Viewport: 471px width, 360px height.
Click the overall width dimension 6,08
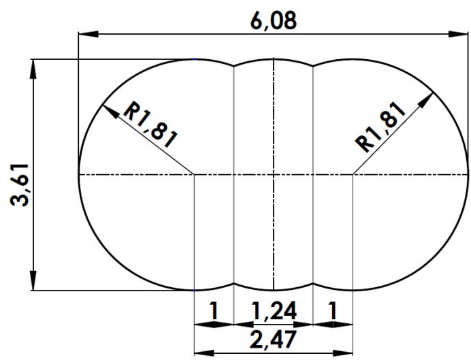coord(274,21)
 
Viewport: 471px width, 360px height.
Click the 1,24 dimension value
coord(274,311)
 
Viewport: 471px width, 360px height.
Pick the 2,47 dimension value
coord(273,339)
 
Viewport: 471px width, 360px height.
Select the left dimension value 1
coord(214,311)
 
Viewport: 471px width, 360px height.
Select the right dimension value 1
coord(332,311)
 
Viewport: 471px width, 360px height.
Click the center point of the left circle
coord(195,175)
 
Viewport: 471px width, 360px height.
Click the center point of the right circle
coord(353,175)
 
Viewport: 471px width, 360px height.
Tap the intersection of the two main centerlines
coord(274,175)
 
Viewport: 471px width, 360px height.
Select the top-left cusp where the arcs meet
coord(234,66)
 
